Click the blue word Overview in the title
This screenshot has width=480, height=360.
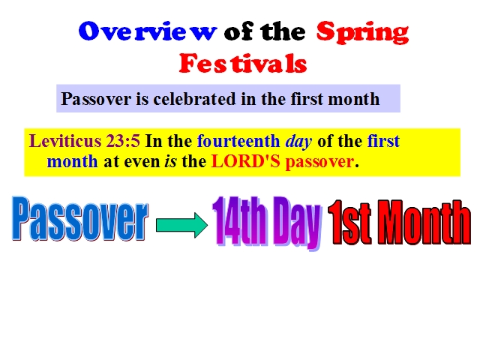coord(148,31)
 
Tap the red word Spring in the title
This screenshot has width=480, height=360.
coord(362,33)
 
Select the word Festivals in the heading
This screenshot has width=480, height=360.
coord(243,63)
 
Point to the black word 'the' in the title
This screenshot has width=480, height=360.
coord(283,31)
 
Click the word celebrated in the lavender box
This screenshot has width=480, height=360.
coord(195,99)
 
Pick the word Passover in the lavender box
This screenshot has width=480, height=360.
coord(96,99)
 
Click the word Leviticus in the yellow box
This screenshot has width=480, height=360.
coord(65,141)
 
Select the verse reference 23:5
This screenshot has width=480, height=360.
coord(123,141)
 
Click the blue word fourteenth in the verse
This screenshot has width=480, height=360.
coord(238,141)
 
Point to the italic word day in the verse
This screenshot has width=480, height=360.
coord(298,142)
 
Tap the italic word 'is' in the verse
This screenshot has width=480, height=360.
coord(170,161)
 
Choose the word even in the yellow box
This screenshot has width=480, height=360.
coord(142,162)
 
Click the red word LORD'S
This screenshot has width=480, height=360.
coord(245,161)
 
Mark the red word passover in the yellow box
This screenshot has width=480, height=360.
coord(319,162)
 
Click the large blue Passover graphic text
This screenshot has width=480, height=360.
coord(80,218)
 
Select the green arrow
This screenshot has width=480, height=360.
coord(181,225)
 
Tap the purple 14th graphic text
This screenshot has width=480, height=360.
coord(239,220)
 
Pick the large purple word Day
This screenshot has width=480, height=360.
coord(297,223)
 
